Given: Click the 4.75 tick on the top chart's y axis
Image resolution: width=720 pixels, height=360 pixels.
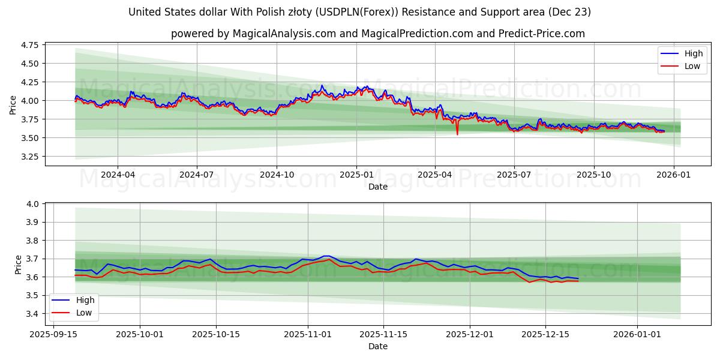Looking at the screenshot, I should [29, 45].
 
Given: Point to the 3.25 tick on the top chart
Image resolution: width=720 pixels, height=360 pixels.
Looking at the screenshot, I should [29, 157].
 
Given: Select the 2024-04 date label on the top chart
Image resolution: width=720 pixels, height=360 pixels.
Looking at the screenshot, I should [118, 175].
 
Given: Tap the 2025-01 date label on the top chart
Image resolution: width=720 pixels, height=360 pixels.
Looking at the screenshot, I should [356, 175].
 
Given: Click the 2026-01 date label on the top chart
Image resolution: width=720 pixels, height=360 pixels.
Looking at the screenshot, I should [673, 175].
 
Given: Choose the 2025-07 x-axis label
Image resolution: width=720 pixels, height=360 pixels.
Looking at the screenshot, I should [514, 175].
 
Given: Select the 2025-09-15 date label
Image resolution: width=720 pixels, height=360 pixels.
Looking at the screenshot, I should [53, 334].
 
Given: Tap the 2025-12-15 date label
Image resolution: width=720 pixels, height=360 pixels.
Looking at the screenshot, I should [545, 334].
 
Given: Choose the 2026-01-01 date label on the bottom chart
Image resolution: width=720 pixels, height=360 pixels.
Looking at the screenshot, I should [637, 334].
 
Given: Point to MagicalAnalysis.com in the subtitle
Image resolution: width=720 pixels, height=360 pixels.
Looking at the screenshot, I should [283, 34].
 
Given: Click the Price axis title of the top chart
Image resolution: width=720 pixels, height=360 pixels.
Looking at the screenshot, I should [13, 105].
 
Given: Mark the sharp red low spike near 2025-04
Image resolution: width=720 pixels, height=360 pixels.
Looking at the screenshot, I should [457, 133].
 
